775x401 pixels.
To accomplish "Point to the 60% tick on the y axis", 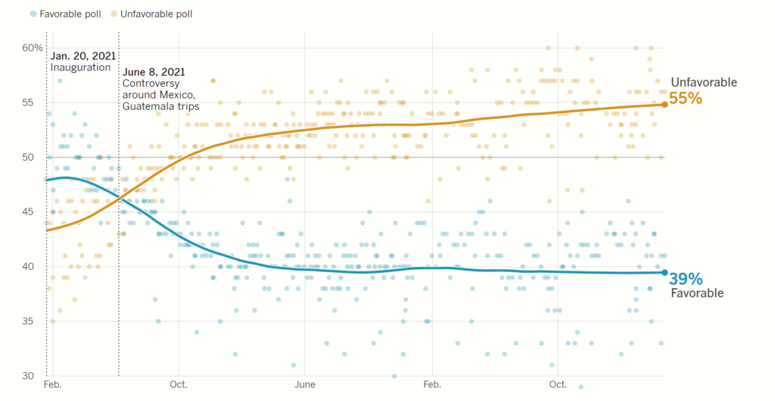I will (32, 48).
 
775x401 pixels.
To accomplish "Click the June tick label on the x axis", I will (304, 385).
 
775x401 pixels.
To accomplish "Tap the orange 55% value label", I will (686, 99).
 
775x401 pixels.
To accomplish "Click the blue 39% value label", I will (686, 278).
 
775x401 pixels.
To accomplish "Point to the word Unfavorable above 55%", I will (703, 83).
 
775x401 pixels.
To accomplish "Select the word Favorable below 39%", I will (697, 293).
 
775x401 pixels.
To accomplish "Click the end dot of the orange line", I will (665, 105).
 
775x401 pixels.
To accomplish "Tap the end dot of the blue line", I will (665, 273).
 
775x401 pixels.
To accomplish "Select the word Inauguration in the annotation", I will (81, 67).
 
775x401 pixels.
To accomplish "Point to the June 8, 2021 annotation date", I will (154, 72).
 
